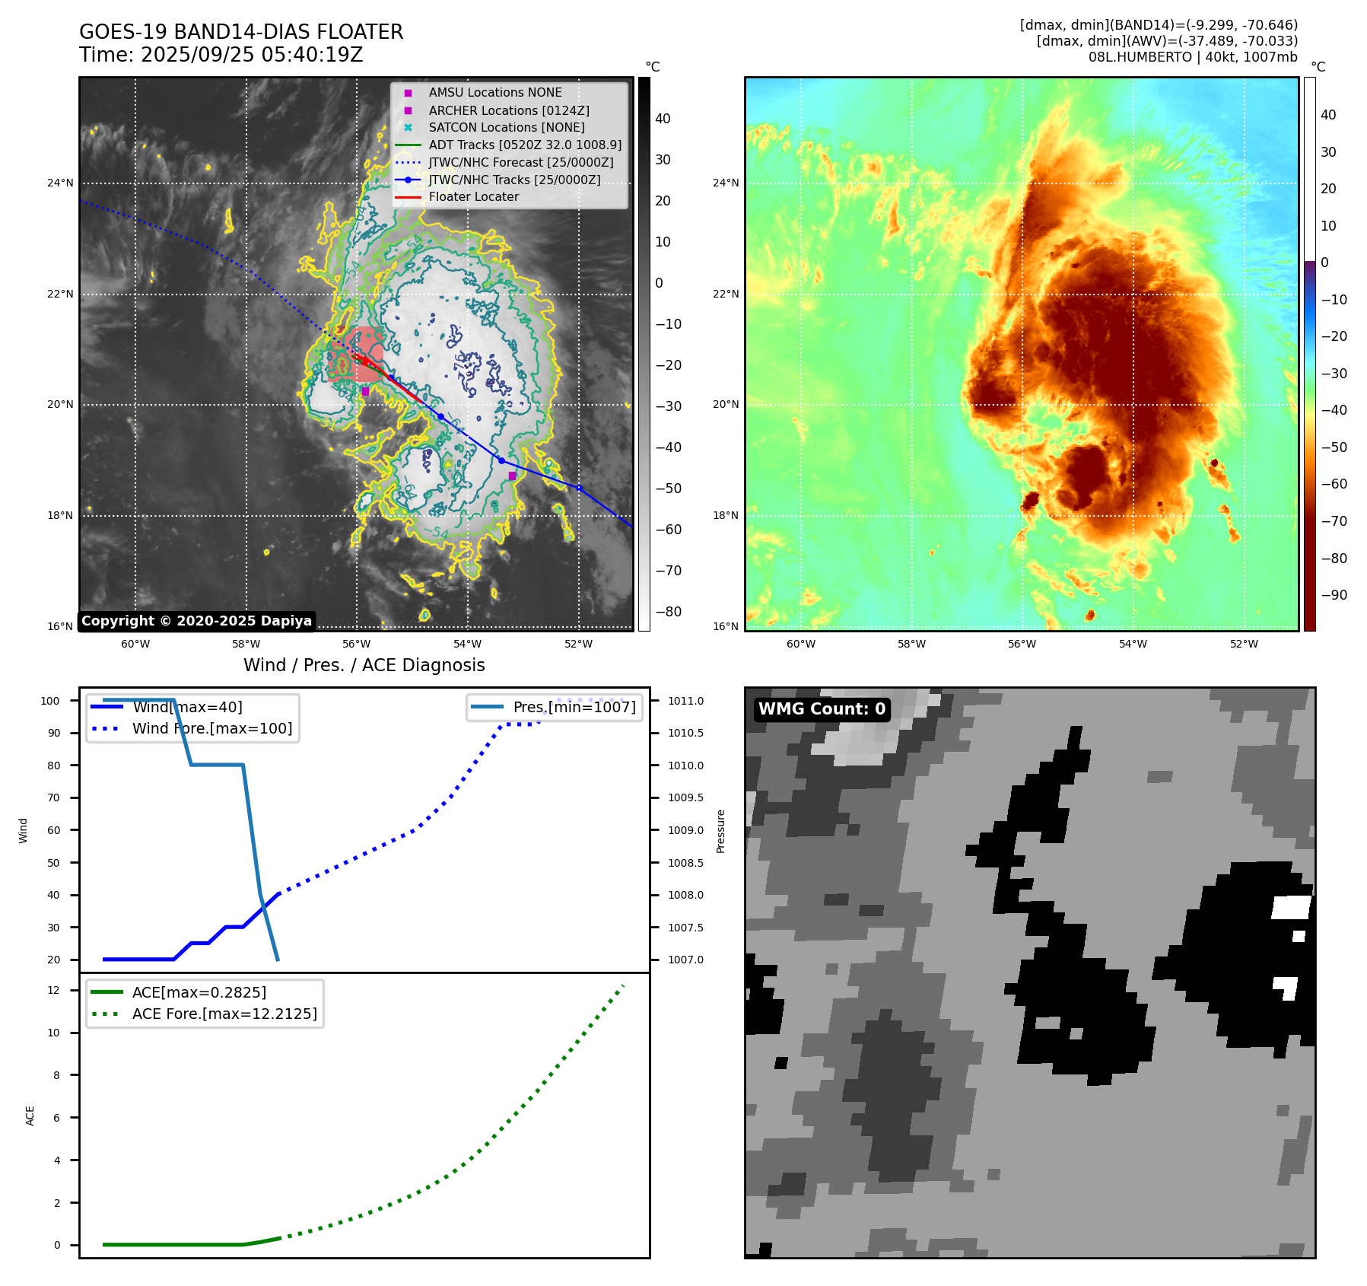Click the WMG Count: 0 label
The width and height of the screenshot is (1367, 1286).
coord(822,709)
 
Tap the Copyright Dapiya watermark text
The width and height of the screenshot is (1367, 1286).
coord(196,621)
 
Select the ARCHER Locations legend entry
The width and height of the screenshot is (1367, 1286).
coord(508,110)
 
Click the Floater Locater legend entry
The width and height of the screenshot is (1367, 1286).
coord(473,196)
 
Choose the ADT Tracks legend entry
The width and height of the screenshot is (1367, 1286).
coord(524,145)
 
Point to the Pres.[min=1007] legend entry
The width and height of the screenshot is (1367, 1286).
coord(574,707)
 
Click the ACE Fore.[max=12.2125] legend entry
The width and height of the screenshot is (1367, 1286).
coord(224,1014)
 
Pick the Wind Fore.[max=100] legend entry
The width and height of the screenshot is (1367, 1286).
coord(211,728)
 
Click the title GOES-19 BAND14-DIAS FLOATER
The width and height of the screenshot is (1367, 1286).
coord(241,32)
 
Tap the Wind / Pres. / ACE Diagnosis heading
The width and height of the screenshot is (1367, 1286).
coord(364,665)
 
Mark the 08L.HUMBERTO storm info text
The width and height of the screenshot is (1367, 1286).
coord(1192,57)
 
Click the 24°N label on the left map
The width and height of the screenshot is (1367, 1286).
coord(61,183)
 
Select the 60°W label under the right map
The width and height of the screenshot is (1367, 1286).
coord(800,644)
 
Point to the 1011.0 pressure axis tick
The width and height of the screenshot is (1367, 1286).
coord(685,701)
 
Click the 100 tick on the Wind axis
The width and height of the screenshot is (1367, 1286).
coord(50,701)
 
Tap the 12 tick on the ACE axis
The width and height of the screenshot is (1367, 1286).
coord(53,990)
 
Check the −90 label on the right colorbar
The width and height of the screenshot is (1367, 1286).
coord(1334,595)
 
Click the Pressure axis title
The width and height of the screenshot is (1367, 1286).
coord(720,831)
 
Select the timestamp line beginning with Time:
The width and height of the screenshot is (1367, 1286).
coord(221,55)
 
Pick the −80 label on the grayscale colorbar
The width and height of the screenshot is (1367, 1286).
coord(668,612)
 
